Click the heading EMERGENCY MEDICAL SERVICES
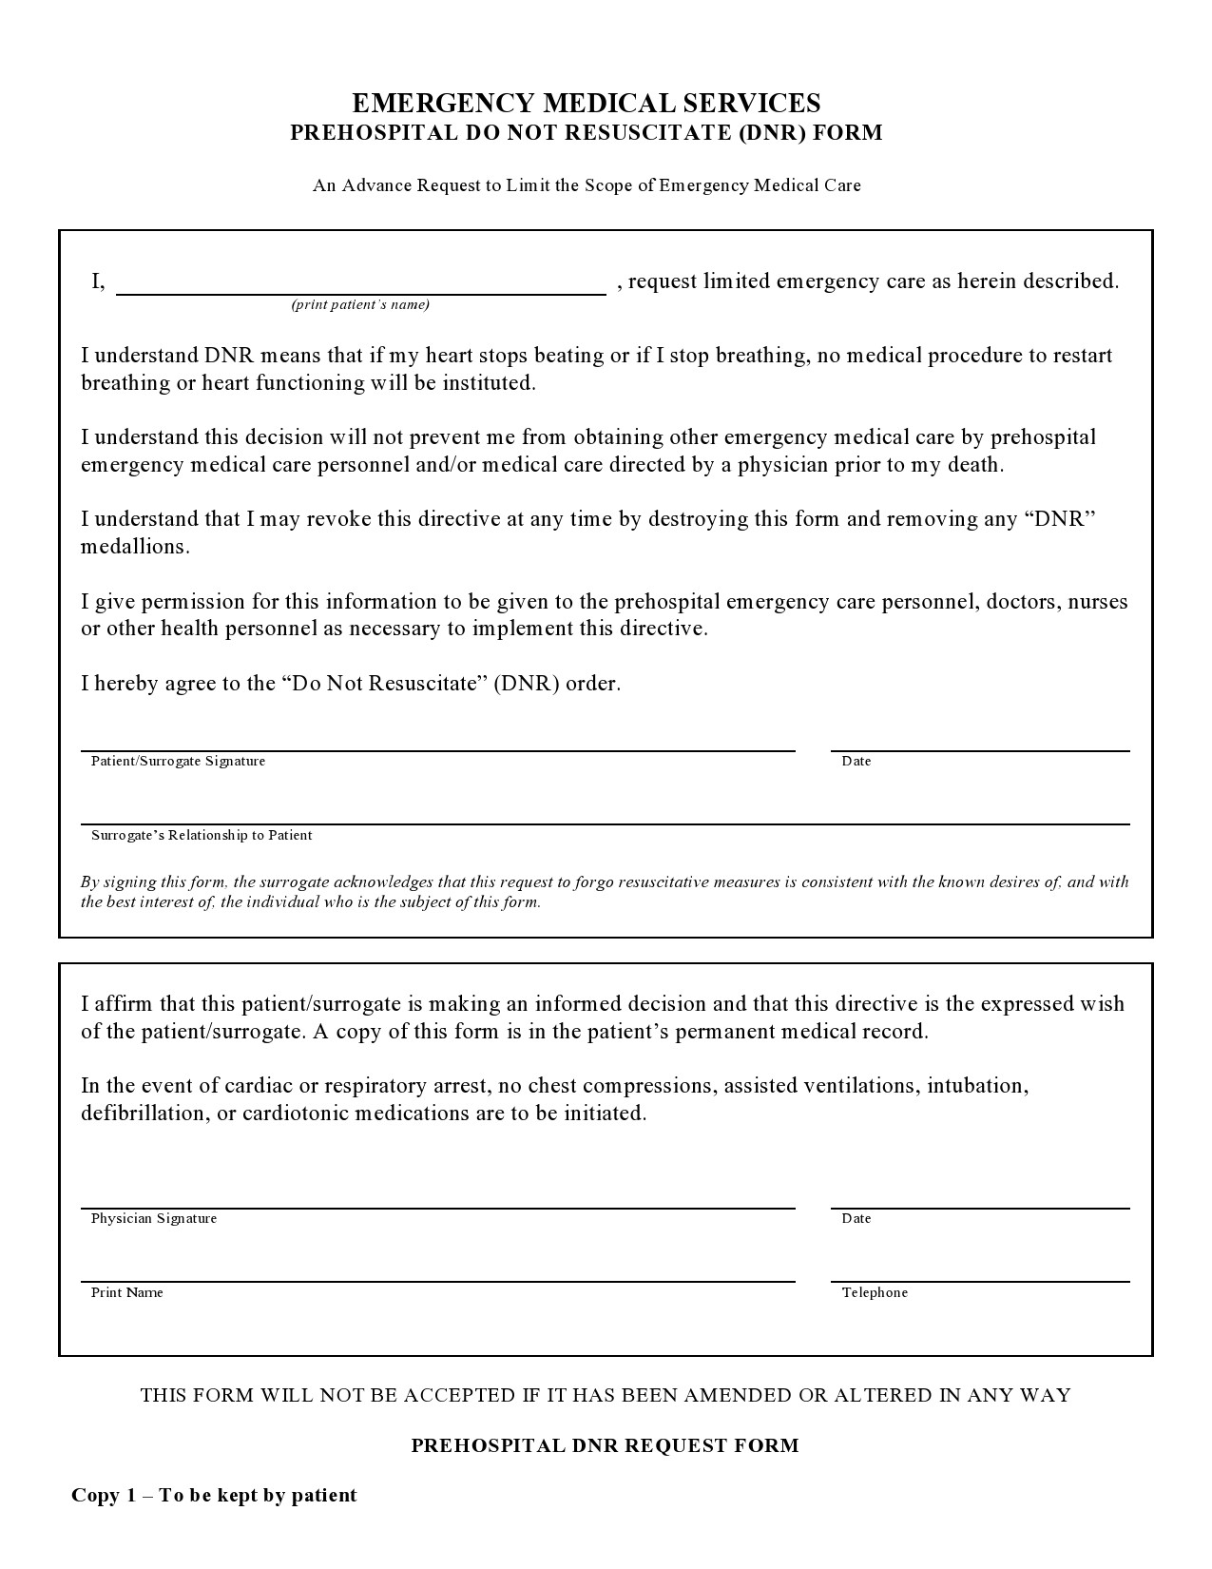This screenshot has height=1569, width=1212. [x=587, y=103]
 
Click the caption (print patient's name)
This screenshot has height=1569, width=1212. [x=360, y=304]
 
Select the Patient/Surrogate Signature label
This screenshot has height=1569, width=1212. [x=178, y=761]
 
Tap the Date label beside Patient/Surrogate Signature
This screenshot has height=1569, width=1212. [x=856, y=761]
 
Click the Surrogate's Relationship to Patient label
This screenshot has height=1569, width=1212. [x=202, y=835]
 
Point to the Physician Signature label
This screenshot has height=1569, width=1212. [x=154, y=1218]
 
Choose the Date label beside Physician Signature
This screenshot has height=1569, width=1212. [x=856, y=1218]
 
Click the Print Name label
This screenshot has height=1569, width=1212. [x=126, y=1292]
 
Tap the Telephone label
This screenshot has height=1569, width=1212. [x=875, y=1292]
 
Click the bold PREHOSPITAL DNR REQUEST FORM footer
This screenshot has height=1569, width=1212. [x=605, y=1445]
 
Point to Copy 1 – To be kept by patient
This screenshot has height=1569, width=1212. [x=214, y=1495]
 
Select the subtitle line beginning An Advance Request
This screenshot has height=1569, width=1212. [x=587, y=184]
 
